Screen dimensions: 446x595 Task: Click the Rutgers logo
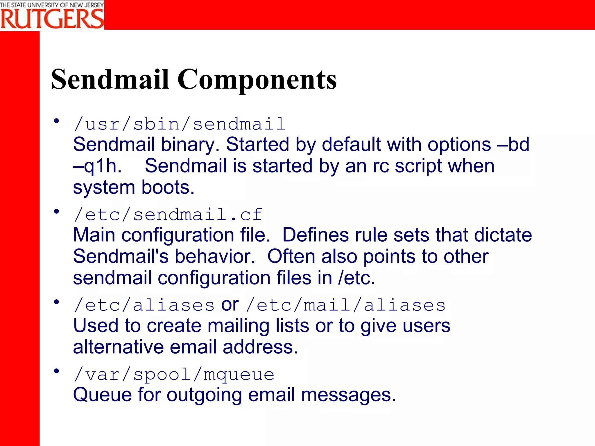pyautogui.click(x=52, y=15)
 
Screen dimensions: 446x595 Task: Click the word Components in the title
pyautogui.click(x=257, y=80)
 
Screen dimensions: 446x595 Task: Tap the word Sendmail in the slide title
pyautogui.click(x=110, y=80)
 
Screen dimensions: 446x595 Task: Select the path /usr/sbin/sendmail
pyautogui.click(x=180, y=124)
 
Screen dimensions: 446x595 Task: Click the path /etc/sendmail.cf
pyautogui.click(x=168, y=215)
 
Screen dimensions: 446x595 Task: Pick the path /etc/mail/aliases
pyautogui.click(x=345, y=305)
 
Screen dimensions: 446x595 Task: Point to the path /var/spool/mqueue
pyautogui.click(x=174, y=375)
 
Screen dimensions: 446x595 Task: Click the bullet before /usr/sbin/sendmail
pyautogui.click(x=56, y=121)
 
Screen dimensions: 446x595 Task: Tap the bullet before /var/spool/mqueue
pyautogui.click(x=56, y=371)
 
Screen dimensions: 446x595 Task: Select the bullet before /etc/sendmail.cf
pyautogui.click(x=56, y=211)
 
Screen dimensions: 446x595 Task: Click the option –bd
pyautogui.click(x=513, y=145)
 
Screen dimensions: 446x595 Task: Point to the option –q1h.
pyautogui.click(x=97, y=166)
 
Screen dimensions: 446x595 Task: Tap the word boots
pyautogui.click(x=168, y=188)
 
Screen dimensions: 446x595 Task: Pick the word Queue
pyautogui.click(x=102, y=395)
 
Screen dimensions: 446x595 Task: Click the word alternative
pyautogui.click(x=118, y=347)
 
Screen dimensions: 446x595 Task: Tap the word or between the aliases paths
pyautogui.click(x=230, y=305)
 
